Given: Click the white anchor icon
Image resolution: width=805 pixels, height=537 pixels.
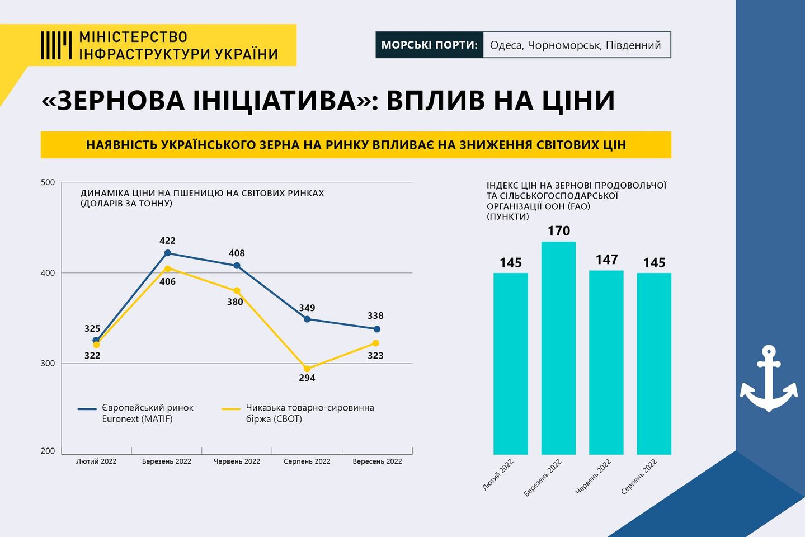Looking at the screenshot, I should pos(769,379).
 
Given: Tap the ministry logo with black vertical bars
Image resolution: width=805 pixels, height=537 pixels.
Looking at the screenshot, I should pos(56,45).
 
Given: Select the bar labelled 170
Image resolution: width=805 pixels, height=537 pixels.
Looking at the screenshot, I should pos(558,347).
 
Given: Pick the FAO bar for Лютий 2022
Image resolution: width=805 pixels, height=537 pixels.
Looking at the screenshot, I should pos(510,364).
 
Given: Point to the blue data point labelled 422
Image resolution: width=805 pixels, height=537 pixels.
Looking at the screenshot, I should pos(167,253).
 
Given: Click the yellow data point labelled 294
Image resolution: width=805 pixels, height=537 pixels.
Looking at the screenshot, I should pos(307,369).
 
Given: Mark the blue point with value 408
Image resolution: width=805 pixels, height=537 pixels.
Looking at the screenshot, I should pos(237,266).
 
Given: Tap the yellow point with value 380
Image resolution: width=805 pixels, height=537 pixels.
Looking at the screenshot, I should pos(237,291).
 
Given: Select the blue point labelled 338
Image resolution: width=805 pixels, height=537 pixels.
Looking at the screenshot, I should pos(376,329).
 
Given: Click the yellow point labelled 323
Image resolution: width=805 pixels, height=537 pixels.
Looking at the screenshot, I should pos(375,343).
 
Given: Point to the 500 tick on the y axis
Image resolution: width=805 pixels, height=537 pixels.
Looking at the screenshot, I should pos(49,182).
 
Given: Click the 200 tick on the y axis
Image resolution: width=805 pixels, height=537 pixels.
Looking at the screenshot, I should pos(49,451).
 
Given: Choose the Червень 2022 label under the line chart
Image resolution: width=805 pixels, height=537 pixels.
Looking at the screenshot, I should pos(237,461).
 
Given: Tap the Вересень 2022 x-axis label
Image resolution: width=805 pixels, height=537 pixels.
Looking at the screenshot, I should pos(377,461).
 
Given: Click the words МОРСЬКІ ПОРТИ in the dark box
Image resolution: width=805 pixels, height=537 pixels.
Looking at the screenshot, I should pos(429,45).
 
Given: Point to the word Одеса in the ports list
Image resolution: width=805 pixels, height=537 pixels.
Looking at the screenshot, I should pos(506,45).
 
